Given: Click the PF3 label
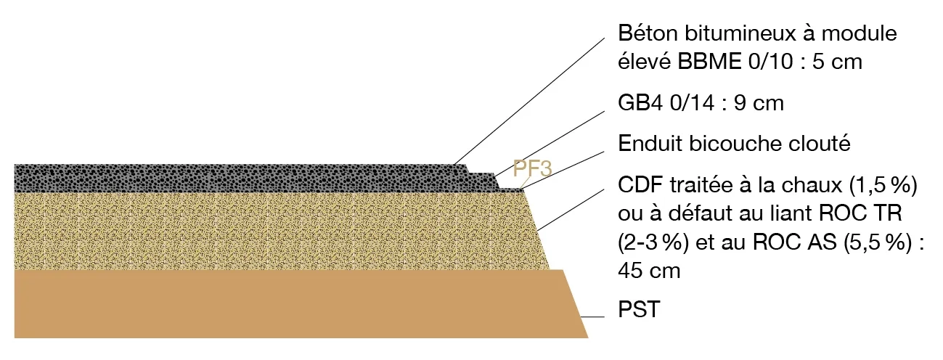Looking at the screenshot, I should (533, 168).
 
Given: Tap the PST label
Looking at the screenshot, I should (638, 311).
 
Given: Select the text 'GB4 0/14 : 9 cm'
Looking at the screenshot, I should (701, 103).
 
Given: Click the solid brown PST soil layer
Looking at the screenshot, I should (290, 305).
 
